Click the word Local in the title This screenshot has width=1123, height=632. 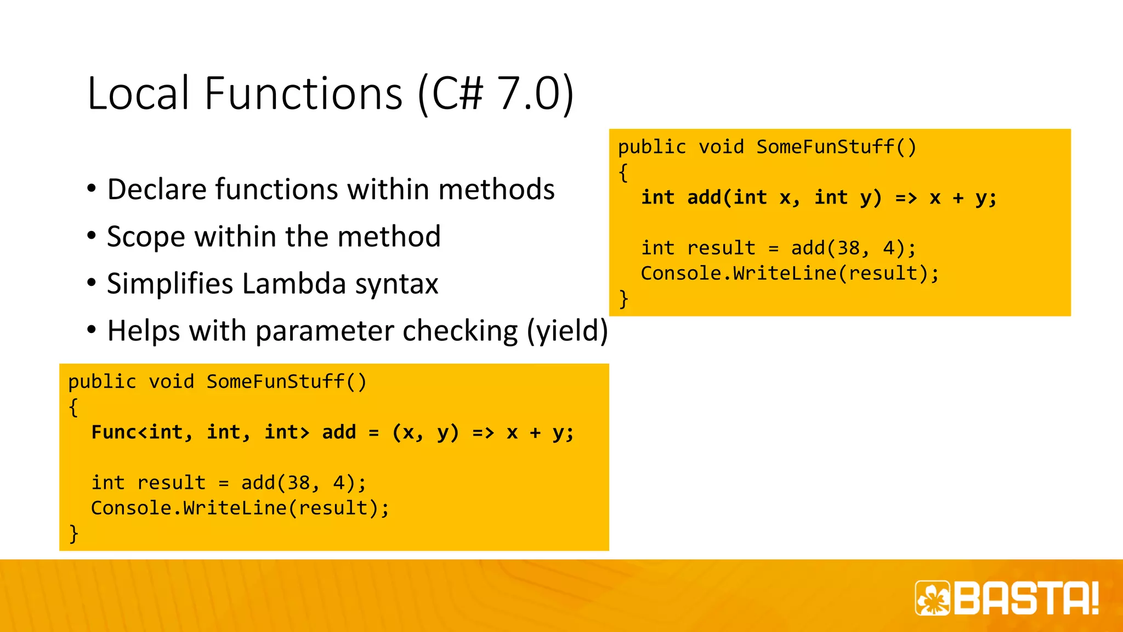138,93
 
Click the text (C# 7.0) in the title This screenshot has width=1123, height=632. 495,93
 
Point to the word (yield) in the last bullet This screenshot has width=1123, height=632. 568,331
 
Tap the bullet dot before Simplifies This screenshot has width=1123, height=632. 92,283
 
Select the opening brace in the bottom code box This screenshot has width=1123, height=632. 73,407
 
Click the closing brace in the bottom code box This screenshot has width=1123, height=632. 73,533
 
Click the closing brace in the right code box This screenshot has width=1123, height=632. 623,298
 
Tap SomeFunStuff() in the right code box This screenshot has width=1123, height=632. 836,147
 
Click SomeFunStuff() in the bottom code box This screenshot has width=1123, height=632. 286,382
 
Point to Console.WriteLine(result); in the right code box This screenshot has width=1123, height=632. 790,273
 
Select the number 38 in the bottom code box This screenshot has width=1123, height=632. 299,483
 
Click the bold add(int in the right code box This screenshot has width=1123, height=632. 727,198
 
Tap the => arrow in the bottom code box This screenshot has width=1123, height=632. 483,432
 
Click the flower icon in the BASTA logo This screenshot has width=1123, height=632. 933,598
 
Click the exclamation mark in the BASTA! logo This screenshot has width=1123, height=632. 1094,598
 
